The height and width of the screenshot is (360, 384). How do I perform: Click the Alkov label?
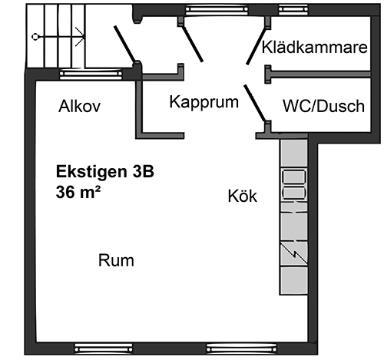79,106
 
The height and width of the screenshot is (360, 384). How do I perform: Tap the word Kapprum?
204,102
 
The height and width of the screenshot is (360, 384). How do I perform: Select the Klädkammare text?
315,48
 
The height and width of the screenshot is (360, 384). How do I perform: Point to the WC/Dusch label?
324,106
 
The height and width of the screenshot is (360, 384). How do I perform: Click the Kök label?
243,197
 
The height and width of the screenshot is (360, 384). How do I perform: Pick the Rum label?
116,260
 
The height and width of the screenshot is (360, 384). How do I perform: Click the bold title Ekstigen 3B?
105,172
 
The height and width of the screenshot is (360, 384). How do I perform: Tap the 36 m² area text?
78,192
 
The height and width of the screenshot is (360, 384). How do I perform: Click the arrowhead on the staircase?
80,37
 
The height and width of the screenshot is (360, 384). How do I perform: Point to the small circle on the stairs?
35,37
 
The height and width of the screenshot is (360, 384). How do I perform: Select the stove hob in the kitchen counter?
294,185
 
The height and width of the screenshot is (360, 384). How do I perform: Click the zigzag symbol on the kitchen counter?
294,253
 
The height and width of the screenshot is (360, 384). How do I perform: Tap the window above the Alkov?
91,74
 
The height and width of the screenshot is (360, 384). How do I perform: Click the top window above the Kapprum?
217,9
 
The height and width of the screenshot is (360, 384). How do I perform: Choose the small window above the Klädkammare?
293,9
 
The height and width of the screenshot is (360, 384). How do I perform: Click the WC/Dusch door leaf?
255,103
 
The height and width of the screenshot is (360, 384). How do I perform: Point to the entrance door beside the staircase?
124,44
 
